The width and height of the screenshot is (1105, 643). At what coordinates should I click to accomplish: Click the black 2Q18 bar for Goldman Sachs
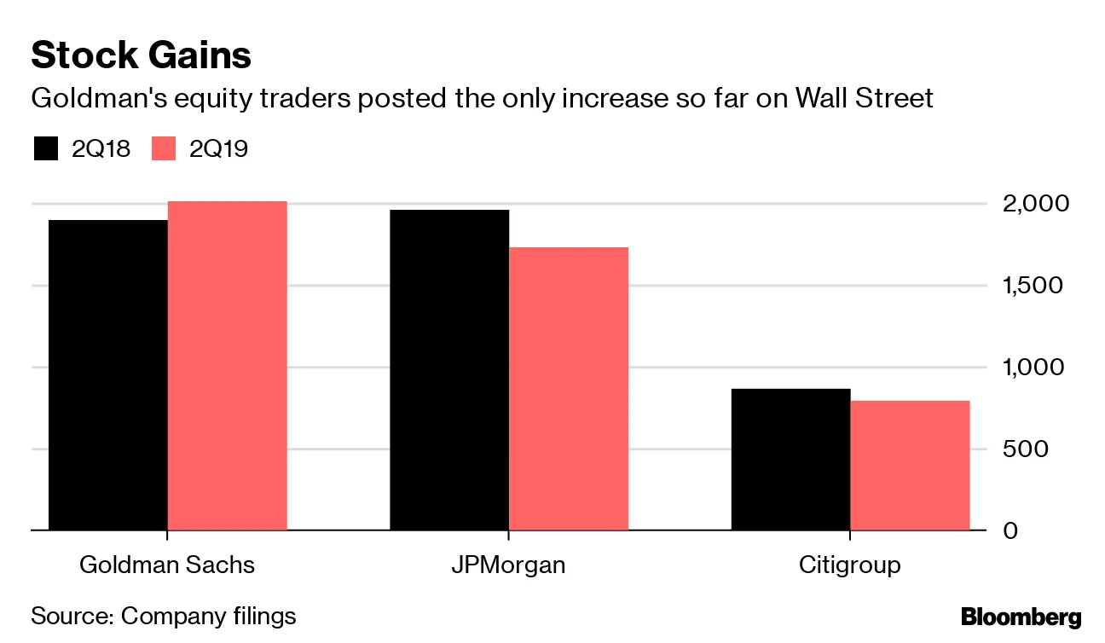coord(107,375)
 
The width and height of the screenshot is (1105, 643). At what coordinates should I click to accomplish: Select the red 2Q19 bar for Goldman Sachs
coord(227,366)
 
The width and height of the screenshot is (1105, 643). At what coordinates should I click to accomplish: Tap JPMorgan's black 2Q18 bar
coord(449,370)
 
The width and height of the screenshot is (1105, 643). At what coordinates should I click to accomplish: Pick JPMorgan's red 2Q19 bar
coord(569,389)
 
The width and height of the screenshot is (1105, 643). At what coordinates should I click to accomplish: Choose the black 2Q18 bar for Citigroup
coord(790,460)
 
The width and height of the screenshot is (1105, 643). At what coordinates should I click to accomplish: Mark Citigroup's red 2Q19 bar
coord(910,466)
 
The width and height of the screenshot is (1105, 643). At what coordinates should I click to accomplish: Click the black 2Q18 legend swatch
coord(45,148)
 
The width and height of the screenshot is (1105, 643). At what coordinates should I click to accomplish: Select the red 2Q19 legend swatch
coord(163,148)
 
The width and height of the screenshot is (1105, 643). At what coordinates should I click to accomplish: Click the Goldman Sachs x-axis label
coord(167,565)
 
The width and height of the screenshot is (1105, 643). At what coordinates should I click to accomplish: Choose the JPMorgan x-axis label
coord(509,565)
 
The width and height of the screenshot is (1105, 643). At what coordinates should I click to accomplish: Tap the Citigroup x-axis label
coord(850,565)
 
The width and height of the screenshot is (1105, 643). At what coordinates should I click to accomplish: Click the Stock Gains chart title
coord(141,55)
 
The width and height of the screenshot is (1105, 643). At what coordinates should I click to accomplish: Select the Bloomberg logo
coord(1021,617)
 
